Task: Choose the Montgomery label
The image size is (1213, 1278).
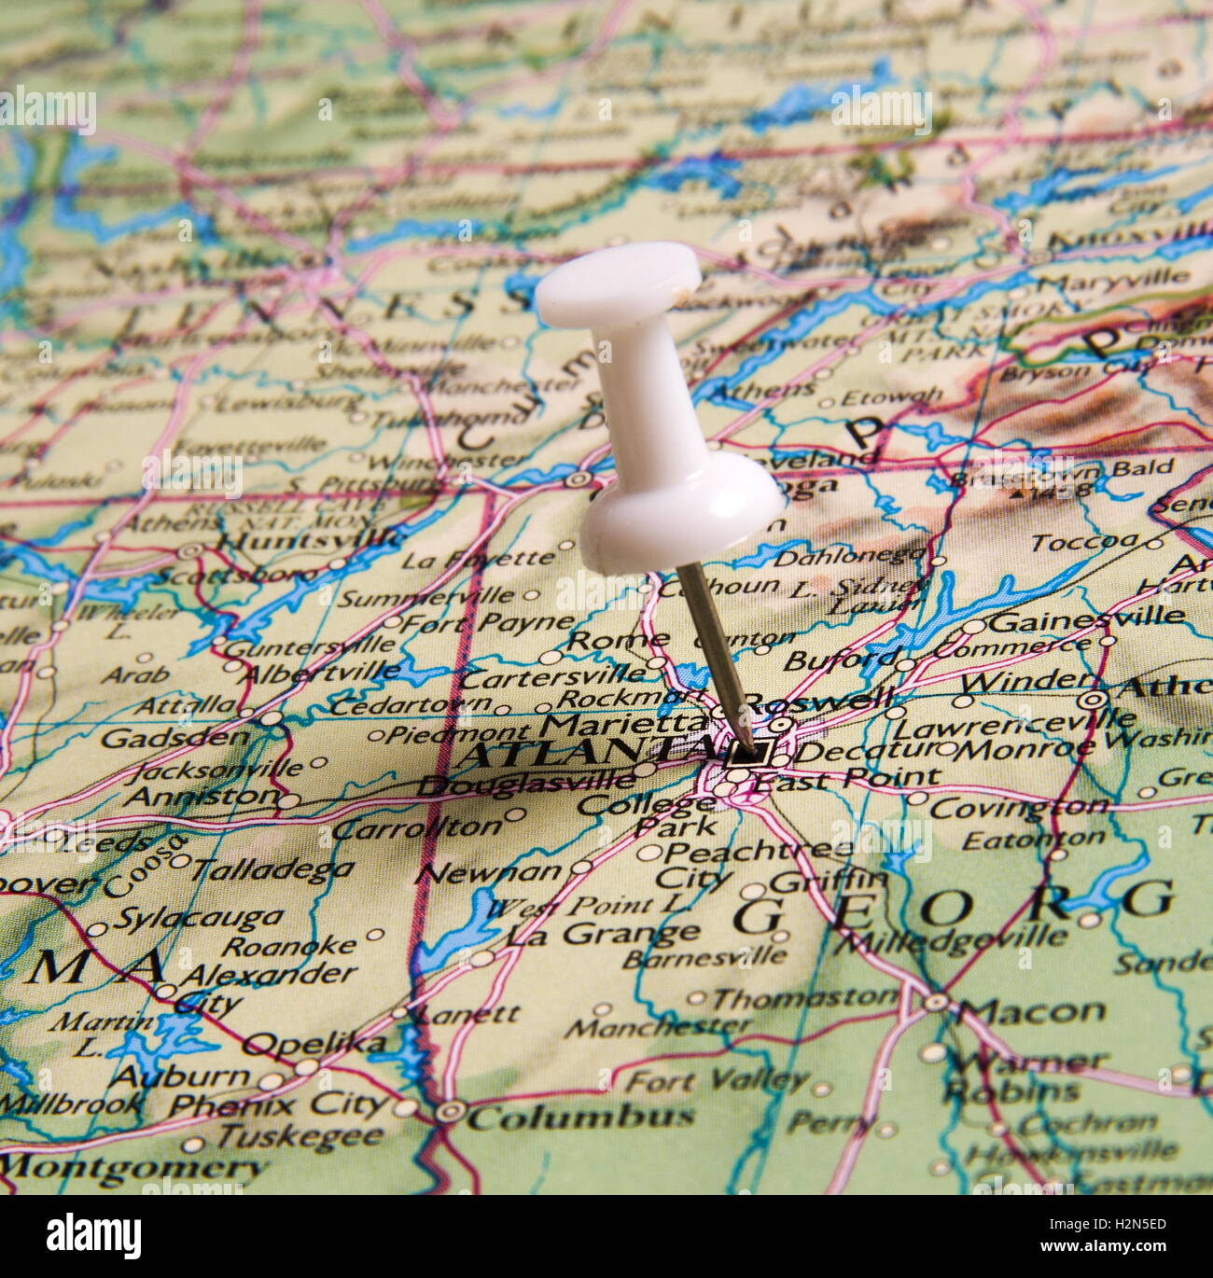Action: (x=135, y=1166)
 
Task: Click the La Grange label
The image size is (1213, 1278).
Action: (x=603, y=933)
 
